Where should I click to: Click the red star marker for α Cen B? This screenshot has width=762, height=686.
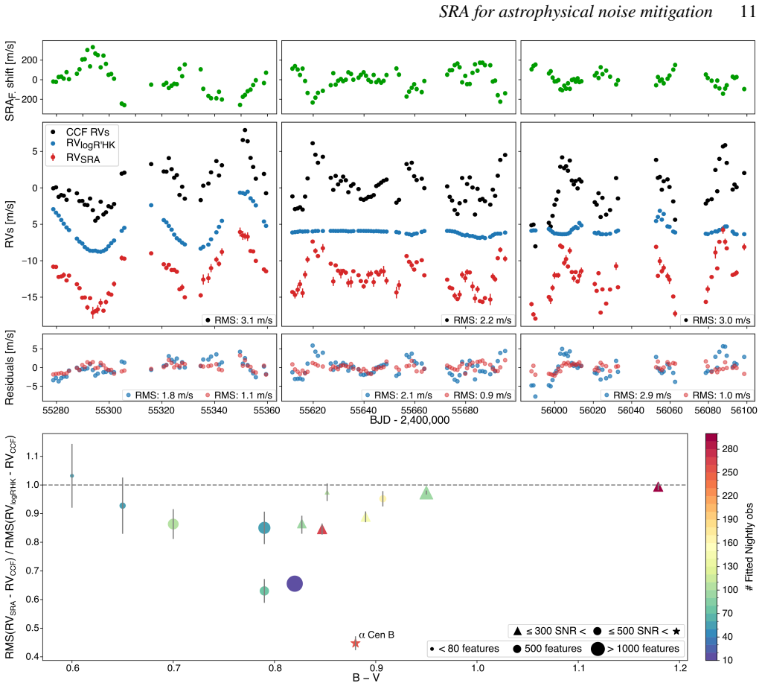[x=355, y=644]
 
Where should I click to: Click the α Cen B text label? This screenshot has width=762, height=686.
[x=377, y=635]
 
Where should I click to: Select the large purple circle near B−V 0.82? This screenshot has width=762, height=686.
[x=295, y=584]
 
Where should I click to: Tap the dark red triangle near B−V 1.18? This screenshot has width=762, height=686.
[x=658, y=486]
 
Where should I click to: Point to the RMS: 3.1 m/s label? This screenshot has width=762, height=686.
[x=239, y=320]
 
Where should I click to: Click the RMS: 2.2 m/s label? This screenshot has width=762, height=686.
[x=478, y=320]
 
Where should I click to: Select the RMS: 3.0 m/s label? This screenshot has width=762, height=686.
[x=717, y=320]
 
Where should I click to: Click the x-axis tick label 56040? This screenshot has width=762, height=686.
[x=631, y=410]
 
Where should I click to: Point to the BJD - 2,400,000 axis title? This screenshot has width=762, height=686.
[x=410, y=420]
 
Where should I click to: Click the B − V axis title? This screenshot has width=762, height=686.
[x=366, y=678]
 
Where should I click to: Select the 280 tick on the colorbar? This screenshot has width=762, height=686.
[x=730, y=449]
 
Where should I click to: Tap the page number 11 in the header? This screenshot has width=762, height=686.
[x=748, y=12]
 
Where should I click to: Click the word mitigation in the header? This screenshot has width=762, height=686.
[x=674, y=12]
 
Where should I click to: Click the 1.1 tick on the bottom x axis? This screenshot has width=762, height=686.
[x=579, y=667]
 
